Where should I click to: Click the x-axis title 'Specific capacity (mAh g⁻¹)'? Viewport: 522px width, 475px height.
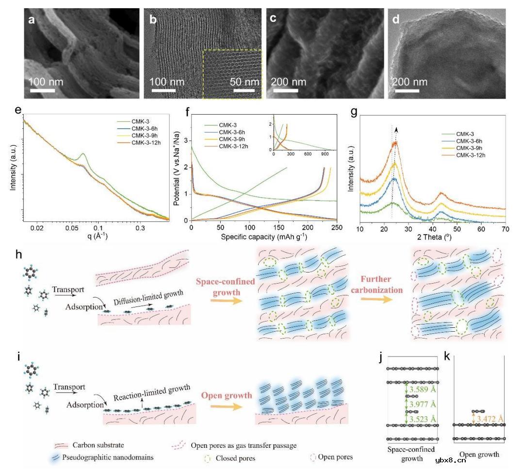pyautogui.click(x=263, y=237)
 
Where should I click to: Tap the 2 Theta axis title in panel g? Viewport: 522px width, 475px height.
pyautogui.click(x=433, y=237)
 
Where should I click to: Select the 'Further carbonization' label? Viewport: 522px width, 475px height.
pyautogui.click(x=381, y=285)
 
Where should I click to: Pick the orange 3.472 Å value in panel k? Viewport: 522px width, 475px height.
pyautogui.click(x=490, y=417)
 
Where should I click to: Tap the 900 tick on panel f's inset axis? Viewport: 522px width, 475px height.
pyautogui.click(x=325, y=155)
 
